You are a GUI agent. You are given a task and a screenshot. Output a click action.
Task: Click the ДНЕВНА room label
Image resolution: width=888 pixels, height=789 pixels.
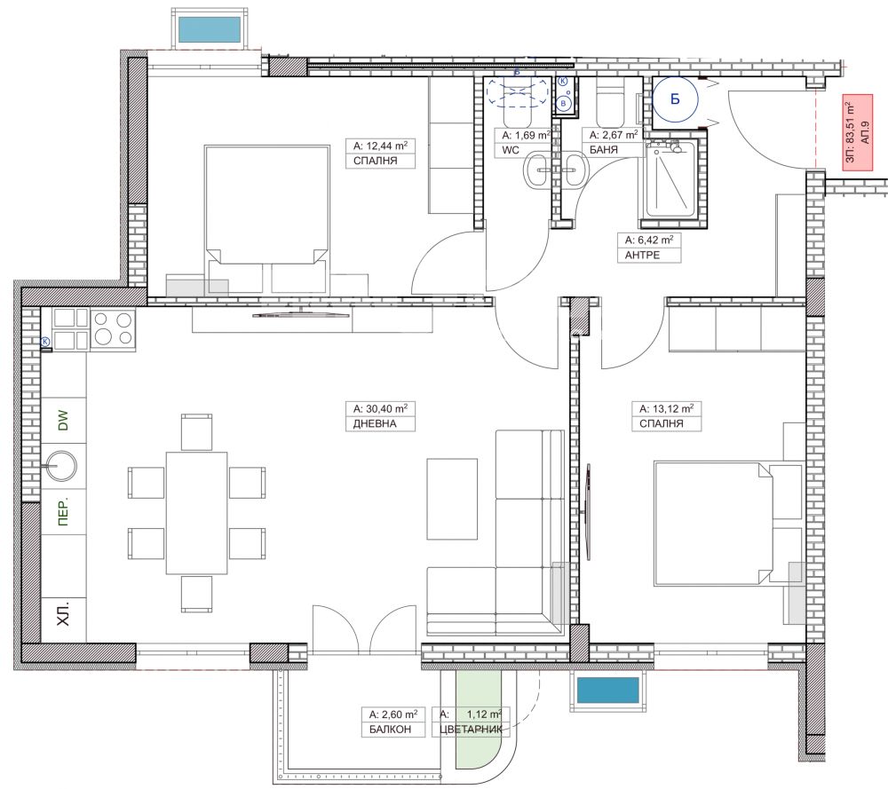pos(375,423)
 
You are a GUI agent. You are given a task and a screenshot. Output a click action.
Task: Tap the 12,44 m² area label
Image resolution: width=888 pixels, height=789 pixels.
pos(380,146)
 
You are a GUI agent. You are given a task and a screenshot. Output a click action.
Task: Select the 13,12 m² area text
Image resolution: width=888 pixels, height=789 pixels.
pos(667,408)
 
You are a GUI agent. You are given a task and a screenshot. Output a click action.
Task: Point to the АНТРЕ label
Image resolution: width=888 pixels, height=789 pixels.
pos(642,255)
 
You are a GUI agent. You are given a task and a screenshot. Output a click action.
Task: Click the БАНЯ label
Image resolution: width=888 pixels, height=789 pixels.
pos(604,150)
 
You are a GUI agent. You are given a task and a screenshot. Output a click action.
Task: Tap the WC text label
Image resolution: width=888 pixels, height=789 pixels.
pos(511,150)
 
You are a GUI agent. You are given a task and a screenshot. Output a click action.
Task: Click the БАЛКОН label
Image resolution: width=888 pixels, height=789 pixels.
pos(390,729)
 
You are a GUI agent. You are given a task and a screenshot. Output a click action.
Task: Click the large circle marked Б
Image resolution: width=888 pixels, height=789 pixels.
pos(675,99)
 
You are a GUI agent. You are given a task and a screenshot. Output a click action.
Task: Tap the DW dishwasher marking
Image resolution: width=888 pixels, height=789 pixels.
pos(63,420)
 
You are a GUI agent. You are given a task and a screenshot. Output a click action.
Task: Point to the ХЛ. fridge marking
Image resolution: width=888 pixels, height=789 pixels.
pos(63,613)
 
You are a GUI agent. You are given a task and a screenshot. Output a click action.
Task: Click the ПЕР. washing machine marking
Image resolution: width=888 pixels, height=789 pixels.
pos(63,512)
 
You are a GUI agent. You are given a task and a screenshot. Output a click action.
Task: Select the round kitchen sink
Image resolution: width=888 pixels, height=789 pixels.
pos(61,466)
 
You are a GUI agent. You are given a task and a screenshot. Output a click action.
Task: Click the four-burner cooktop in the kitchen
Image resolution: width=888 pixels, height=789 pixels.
pos(112,329)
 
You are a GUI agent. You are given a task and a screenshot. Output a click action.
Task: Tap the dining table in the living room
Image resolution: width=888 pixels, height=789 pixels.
pos(196,513)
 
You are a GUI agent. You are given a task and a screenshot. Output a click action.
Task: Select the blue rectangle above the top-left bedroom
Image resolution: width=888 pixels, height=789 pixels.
pos(210,29)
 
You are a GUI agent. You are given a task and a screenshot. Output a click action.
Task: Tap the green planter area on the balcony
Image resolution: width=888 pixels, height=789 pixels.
pos(479,719)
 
